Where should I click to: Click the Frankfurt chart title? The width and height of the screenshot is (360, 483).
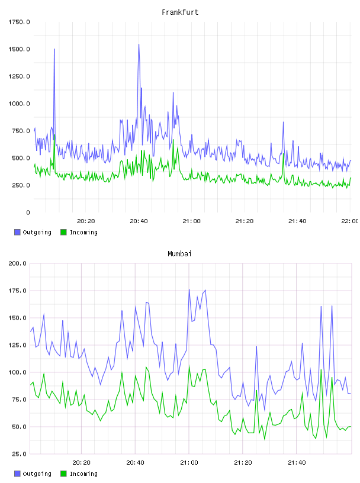click(180, 12)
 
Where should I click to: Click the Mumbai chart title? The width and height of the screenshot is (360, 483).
click(179, 254)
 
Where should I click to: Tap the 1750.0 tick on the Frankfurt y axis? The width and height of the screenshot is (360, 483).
click(19, 22)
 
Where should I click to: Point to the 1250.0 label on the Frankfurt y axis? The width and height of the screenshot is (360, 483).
click(19, 76)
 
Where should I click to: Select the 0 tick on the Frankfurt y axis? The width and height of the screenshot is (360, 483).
click(28, 212)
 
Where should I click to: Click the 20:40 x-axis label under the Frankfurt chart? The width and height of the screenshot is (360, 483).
click(139, 221)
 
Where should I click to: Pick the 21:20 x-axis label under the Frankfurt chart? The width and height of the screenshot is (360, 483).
click(245, 221)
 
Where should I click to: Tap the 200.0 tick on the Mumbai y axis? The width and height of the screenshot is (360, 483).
click(17, 263)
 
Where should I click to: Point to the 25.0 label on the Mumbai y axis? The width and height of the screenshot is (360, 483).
click(19, 454)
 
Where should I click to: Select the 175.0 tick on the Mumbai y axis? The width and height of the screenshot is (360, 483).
click(17, 291)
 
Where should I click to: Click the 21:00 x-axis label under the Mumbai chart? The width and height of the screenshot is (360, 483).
click(189, 463)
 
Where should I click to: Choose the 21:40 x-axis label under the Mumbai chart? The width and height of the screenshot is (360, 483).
click(297, 463)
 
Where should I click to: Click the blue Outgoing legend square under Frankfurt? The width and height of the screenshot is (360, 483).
click(17, 232)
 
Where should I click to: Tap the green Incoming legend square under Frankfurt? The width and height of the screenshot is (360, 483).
click(63, 232)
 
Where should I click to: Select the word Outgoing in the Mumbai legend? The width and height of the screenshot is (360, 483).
click(37, 474)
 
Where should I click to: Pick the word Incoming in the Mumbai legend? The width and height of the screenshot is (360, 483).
click(84, 474)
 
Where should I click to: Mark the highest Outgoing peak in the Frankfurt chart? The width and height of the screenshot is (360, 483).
click(139, 44)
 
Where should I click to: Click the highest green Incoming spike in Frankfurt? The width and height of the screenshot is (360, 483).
click(54, 134)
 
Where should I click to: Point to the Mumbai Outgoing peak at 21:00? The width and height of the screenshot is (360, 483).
click(189, 289)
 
